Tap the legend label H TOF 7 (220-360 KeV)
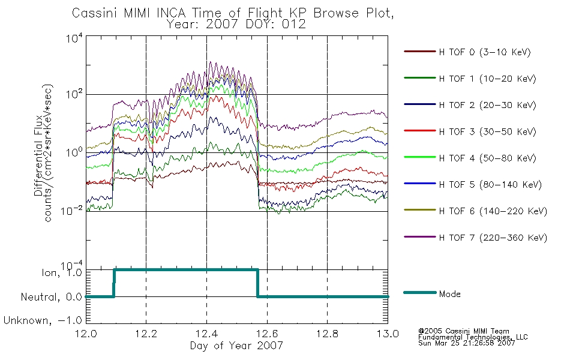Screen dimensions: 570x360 pyautogui.click(x=493, y=238)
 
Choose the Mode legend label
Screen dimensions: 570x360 pyautogui.click(x=449, y=294)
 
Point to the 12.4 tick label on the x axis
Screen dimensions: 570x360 pyautogui.click(x=207, y=334)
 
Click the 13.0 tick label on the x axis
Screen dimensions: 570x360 pyautogui.click(x=388, y=334)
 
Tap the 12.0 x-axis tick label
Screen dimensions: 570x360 pyautogui.click(x=86, y=334)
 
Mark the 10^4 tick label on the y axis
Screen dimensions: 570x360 pyautogui.click(x=74, y=38)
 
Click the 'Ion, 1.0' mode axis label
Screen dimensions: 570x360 pyautogui.click(x=61, y=272)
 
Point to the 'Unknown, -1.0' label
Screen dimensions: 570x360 pyautogui.click(x=43, y=320)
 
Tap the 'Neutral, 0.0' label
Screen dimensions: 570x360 pyautogui.click(x=51, y=297)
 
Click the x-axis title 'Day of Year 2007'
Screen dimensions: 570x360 pyautogui.click(x=236, y=346)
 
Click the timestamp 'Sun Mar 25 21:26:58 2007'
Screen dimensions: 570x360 pyautogui.click(x=466, y=343)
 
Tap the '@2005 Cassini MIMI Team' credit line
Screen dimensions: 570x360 pyautogui.click(x=463, y=331)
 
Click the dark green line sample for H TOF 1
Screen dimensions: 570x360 pyautogui.click(x=420, y=78)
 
